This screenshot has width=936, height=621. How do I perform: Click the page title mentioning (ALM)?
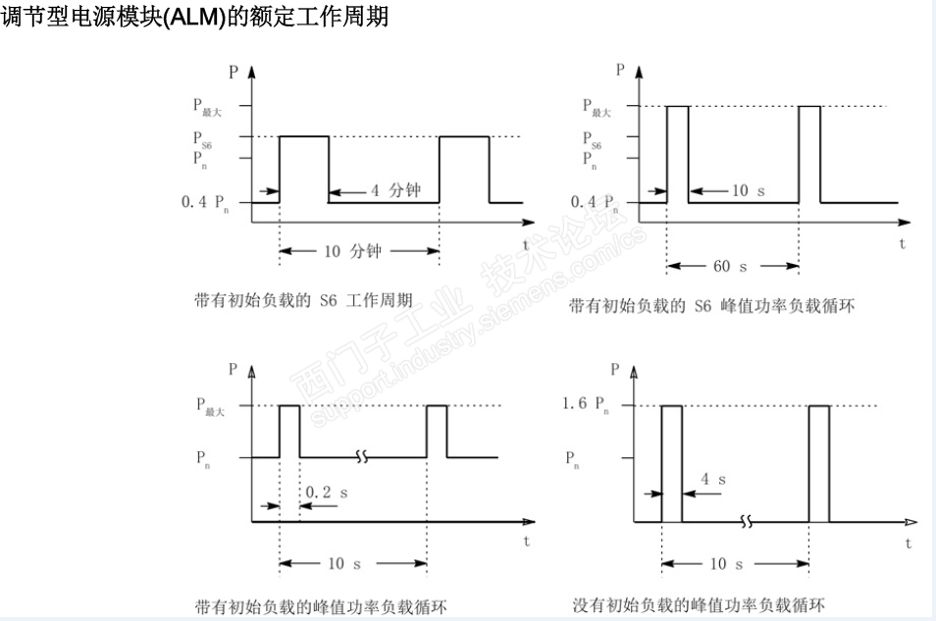pyautogui.click(x=196, y=17)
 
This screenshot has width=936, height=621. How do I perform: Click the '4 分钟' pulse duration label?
pyautogui.click(x=394, y=190)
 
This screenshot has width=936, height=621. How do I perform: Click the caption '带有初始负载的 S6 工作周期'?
pyautogui.click(x=303, y=300)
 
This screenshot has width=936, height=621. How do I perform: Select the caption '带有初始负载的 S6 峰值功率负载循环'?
pyautogui.click(x=711, y=306)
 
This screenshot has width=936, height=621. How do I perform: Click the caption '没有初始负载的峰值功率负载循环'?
pyautogui.click(x=699, y=604)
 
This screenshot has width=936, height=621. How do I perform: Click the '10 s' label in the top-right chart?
pyautogui.click(x=748, y=190)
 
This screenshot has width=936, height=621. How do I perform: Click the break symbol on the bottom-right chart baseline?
pyautogui.click(x=747, y=521)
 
